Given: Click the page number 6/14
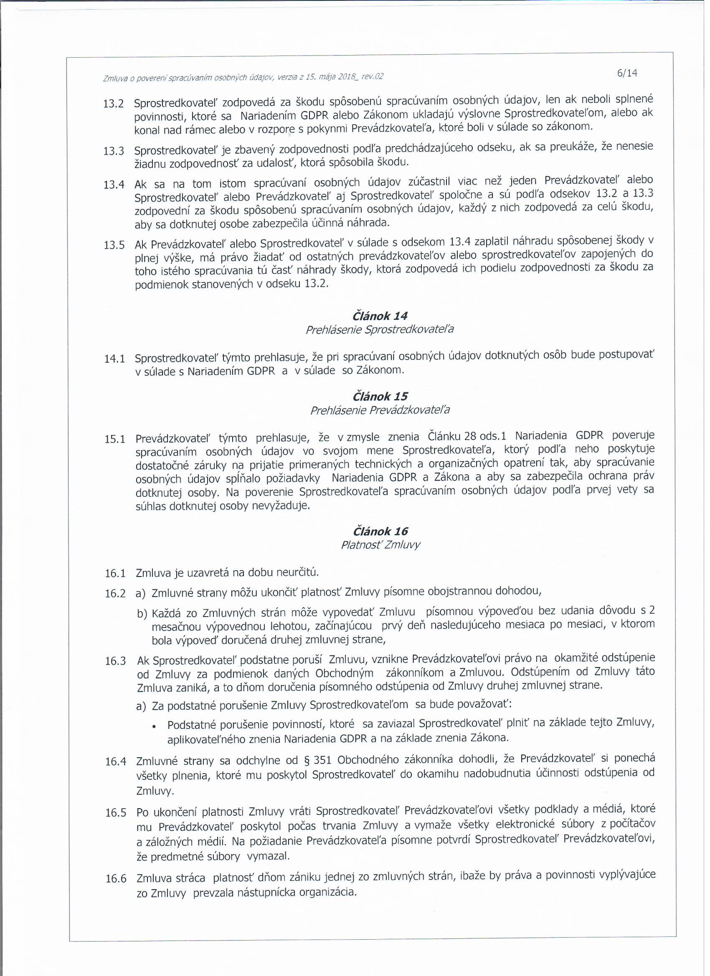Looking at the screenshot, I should pos(627,73).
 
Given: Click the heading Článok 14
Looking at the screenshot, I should pos(380,316).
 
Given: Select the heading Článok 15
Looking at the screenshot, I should pos(380,396).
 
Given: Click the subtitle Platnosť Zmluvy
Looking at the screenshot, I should pos(380,545).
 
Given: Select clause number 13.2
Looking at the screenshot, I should pos(114,104).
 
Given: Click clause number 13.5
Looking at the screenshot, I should pos(114,245).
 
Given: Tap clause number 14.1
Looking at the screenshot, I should pos(114,359).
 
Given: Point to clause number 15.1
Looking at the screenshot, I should pos(115,440).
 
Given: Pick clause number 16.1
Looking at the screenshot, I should pos(115,574).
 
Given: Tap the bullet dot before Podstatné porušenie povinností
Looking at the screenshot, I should pos(154,727).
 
